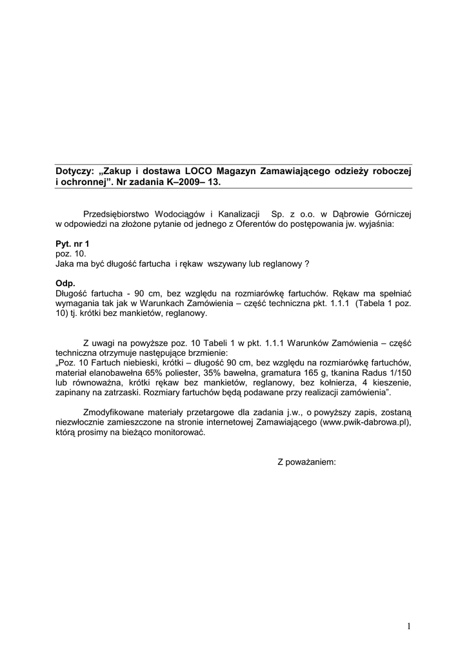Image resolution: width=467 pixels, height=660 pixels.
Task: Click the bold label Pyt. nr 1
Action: click(x=72, y=244)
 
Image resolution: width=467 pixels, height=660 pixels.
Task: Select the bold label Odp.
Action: click(x=65, y=283)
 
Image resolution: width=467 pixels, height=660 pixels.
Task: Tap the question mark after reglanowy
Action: click(x=306, y=264)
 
